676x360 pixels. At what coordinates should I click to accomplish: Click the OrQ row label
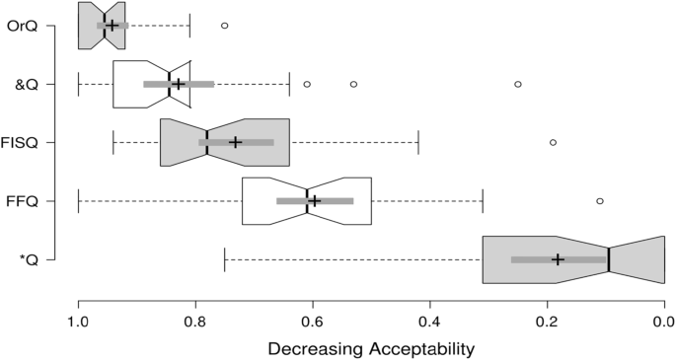pyautogui.click(x=23, y=25)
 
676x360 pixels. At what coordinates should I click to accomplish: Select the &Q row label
pyautogui.click(x=26, y=84)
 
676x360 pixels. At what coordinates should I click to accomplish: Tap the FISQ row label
pyautogui.click(x=20, y=143)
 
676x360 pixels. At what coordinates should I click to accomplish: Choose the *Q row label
pyautogui.click(x=29, y=260)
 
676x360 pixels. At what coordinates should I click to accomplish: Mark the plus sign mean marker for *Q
pyautogui.click(x=559, y=259)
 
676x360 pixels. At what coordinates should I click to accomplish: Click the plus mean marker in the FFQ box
pyautogui.click(x=315, y=201)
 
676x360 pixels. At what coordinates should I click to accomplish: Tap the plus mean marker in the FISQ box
pyautogui.click(x=235, y=142)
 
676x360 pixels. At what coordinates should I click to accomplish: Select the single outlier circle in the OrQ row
pyautogui.click(x=224, y=25)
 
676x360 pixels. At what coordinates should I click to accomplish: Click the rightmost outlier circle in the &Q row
pyautogui.click(x=518, y=84)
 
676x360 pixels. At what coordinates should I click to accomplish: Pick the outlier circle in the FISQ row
pyautogui.click(x=553, y=142)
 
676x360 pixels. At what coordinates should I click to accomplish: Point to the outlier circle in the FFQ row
pyautogui.click(x=600, y=201)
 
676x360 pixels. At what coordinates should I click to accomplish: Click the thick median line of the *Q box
pyautogui.click(x=609, y=259)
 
